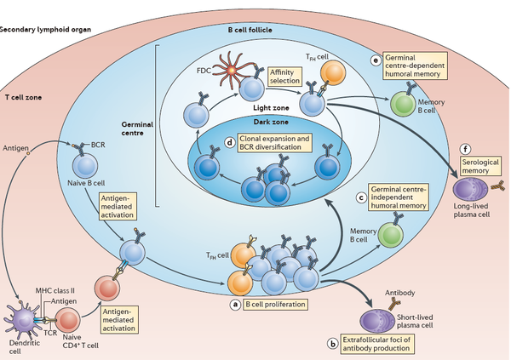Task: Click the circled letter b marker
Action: point(331,343)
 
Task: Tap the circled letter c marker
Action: point(361,198)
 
